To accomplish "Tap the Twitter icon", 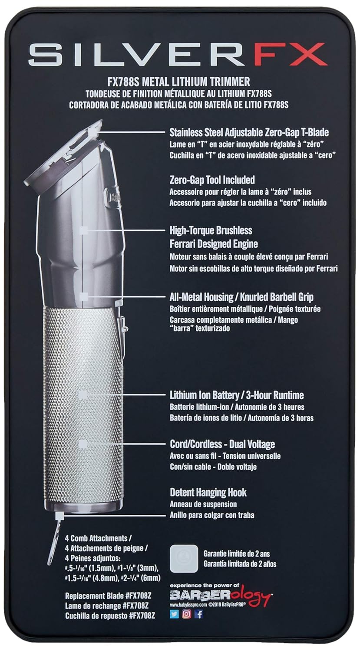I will pos(175,614).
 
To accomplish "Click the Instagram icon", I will pos(187,614).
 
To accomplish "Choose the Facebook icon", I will pos(199,614).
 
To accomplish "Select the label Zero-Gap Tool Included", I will pos(212,180).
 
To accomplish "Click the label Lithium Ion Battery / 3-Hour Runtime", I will pos(236,395).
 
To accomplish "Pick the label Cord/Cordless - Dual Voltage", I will pos(222,444).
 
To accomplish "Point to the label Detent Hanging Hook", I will pos(208,493).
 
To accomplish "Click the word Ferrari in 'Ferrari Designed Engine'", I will pos(184,243).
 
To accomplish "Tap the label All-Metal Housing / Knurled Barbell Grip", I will pos(241,297).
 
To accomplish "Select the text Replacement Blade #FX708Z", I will pos(110,596).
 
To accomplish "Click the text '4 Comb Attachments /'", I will pos(96,538).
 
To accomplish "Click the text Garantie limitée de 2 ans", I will pos(237,554).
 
